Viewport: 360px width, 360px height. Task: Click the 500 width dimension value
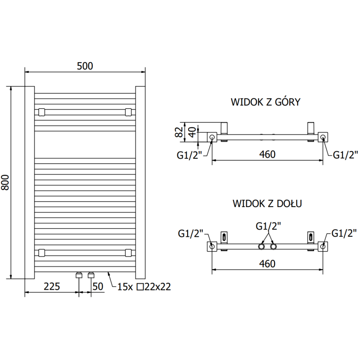point(85,66)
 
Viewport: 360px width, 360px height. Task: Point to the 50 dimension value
point(97,287)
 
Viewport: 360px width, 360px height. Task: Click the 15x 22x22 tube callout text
point(144,287)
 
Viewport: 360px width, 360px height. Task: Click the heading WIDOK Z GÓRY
point(265,102)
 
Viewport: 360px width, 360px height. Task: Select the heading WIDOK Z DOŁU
point(267,203)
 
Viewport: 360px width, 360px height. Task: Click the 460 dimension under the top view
point(267,154)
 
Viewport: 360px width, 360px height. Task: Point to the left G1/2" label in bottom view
point(191,233)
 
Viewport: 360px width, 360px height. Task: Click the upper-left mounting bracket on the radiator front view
point(41,111)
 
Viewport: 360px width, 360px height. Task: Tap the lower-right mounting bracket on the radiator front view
point(129,252)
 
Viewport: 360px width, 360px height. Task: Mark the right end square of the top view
point(324,137)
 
